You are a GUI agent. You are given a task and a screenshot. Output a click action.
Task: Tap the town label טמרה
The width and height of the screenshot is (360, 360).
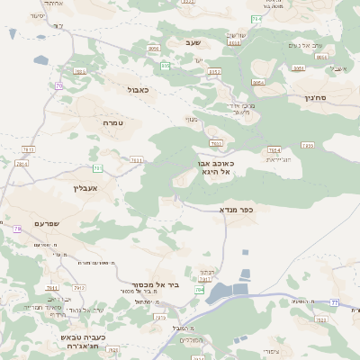click(112, 121)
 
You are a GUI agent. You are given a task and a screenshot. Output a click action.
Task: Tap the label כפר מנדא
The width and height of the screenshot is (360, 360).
click(236, 209)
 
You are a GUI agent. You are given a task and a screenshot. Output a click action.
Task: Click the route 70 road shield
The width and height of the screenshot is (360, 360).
click(58, 86)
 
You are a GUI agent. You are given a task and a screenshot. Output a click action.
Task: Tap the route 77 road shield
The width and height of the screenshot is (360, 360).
click(334, 301)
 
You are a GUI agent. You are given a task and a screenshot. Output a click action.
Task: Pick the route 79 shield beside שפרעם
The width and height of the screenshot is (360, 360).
click(17, 229)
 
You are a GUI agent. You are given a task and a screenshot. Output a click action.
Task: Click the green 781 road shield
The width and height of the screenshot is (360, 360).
click(96, 168)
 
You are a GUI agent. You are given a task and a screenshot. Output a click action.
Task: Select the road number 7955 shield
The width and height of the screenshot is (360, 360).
click(308, 145)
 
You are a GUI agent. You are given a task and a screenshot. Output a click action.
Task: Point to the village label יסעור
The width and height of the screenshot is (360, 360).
click(36, 16)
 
